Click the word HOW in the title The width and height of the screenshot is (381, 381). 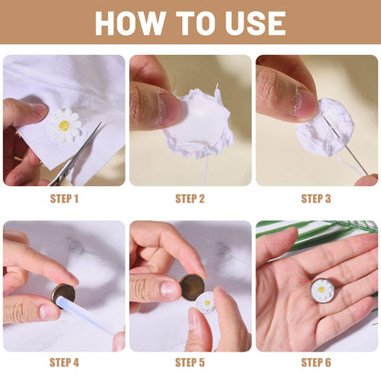(130, 23)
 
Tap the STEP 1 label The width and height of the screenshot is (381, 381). (64, 199)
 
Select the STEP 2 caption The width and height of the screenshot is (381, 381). (190, 199)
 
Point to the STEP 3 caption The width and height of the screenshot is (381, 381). (316, 199)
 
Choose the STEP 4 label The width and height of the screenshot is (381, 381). (64, 363)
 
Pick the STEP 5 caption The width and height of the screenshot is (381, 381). (190, 363)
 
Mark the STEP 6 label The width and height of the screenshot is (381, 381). (316, 363)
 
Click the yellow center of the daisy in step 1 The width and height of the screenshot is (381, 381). (64, 125)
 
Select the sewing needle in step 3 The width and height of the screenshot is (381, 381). (345, 146)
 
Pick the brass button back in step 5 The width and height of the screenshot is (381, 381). (191, 287)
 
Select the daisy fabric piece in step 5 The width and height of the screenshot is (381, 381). (206, 302)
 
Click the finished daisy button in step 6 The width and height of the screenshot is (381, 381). (321, 290)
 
